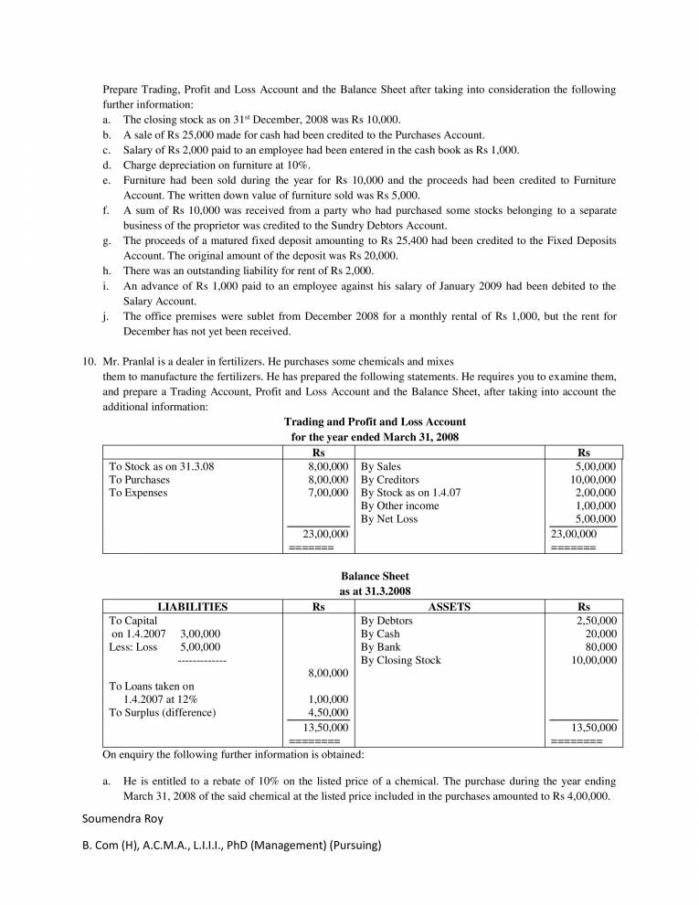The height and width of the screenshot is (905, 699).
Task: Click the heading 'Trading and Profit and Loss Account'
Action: click(x=375, y=422)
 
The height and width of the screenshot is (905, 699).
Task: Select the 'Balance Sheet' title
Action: click(x=375, y=578)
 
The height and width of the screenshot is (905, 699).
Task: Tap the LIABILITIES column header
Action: click(x=193, y=606)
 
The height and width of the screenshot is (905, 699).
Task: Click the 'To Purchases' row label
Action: click(x=139, y=479)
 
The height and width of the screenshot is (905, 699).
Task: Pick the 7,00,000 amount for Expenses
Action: click(x=327, y=493)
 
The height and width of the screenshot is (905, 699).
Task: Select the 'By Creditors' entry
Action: click(x=390, y=479)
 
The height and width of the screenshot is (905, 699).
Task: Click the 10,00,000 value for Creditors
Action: click(x=593, y=479)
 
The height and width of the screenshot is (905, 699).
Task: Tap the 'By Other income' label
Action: click(x=399, y=506)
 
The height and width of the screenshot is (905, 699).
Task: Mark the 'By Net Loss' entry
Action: click(x=389, y=519)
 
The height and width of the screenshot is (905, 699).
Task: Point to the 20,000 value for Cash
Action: click(x=600, y=633)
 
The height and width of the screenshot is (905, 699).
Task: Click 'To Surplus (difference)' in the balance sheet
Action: click(x=164, y=712)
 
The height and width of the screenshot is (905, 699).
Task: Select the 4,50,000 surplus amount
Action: click(x=327, y=712)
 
